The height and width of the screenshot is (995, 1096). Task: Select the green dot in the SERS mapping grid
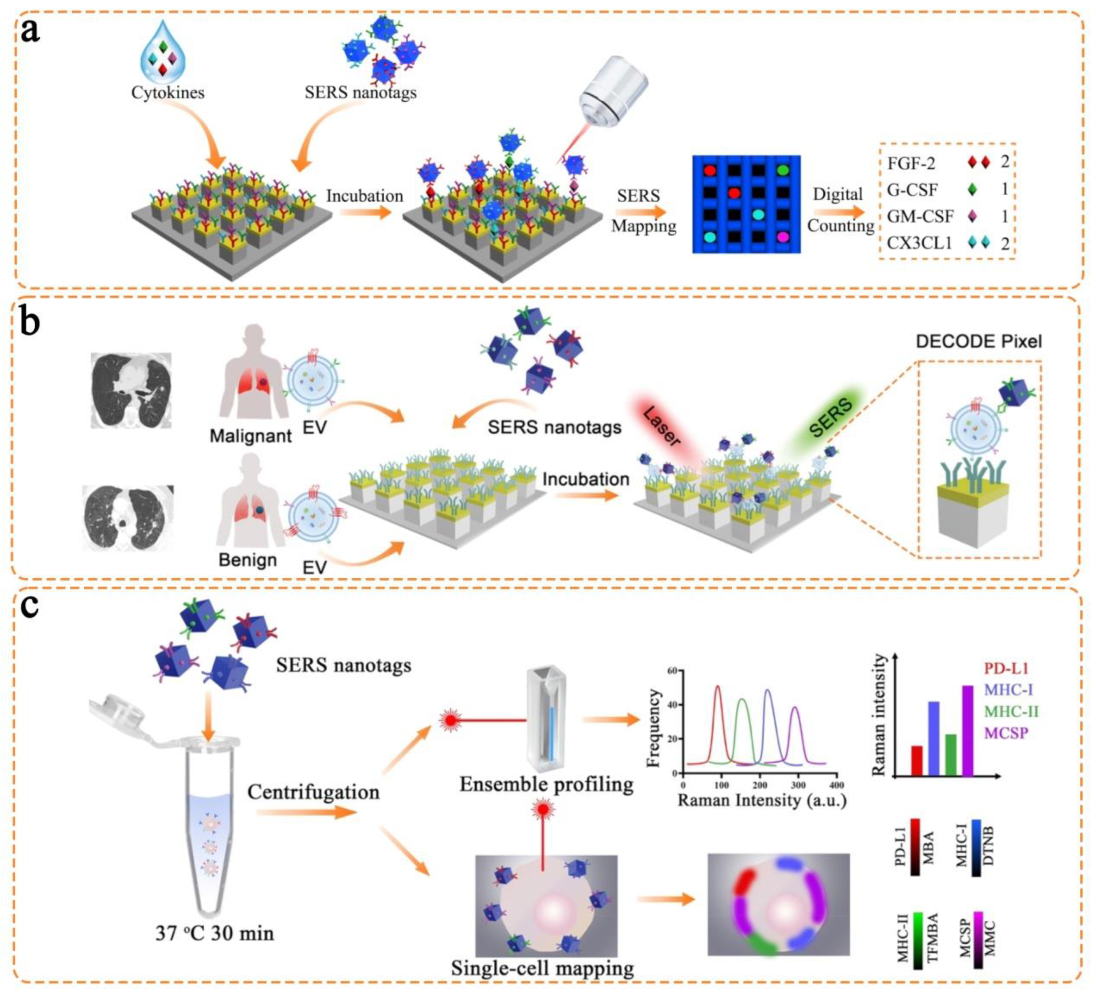(x=783, y=170)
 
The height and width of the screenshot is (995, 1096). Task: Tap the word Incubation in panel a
(x=364, y=196)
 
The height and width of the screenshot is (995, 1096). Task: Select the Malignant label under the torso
(x=251, y=436)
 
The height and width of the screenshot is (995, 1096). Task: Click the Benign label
(x=248, y=560)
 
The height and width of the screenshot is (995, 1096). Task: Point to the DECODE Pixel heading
(x=979, y=341)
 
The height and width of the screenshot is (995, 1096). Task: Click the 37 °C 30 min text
(x=215, y=933)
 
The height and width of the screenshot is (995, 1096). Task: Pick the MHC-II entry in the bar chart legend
(x=1011, y=711)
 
